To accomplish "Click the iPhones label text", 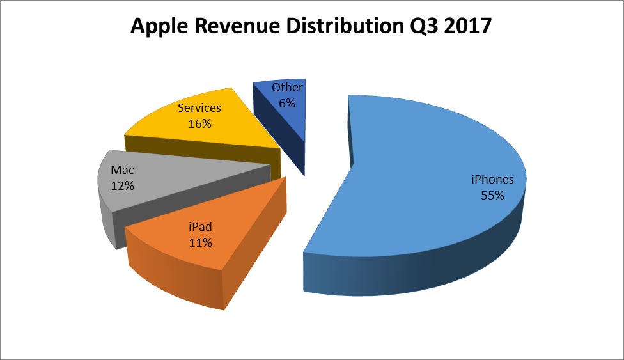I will click(x=492, y=180).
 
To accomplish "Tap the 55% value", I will click(x=492, y=195).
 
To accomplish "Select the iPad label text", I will click(x=200, y=227).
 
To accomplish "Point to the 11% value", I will click(x=200, y=242).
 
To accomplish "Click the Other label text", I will click(x=287, y=88).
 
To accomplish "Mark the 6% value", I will click(x=287, y=102).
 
